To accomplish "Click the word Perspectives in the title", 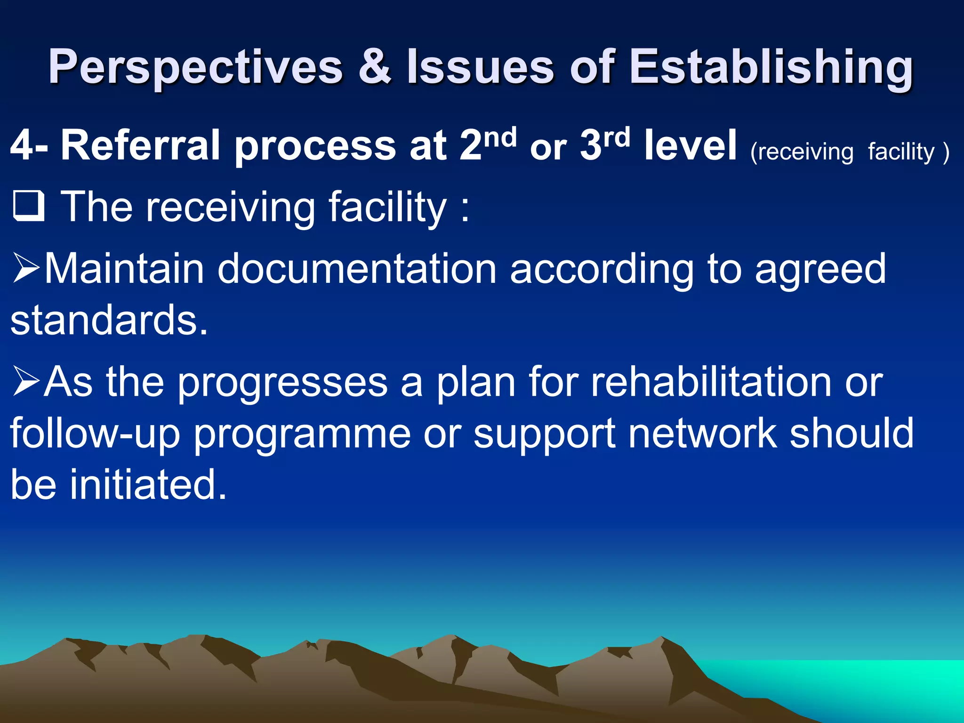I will click(195, 67).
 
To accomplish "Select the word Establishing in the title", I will click(771, 67).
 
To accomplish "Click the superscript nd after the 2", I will click(500, 137).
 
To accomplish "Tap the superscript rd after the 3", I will click(616, 137).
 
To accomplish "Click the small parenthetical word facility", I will click(900, 152).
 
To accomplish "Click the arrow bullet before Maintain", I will click(26, 268).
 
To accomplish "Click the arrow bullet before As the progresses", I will click(26, 381).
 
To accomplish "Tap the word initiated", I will click(148, 485).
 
